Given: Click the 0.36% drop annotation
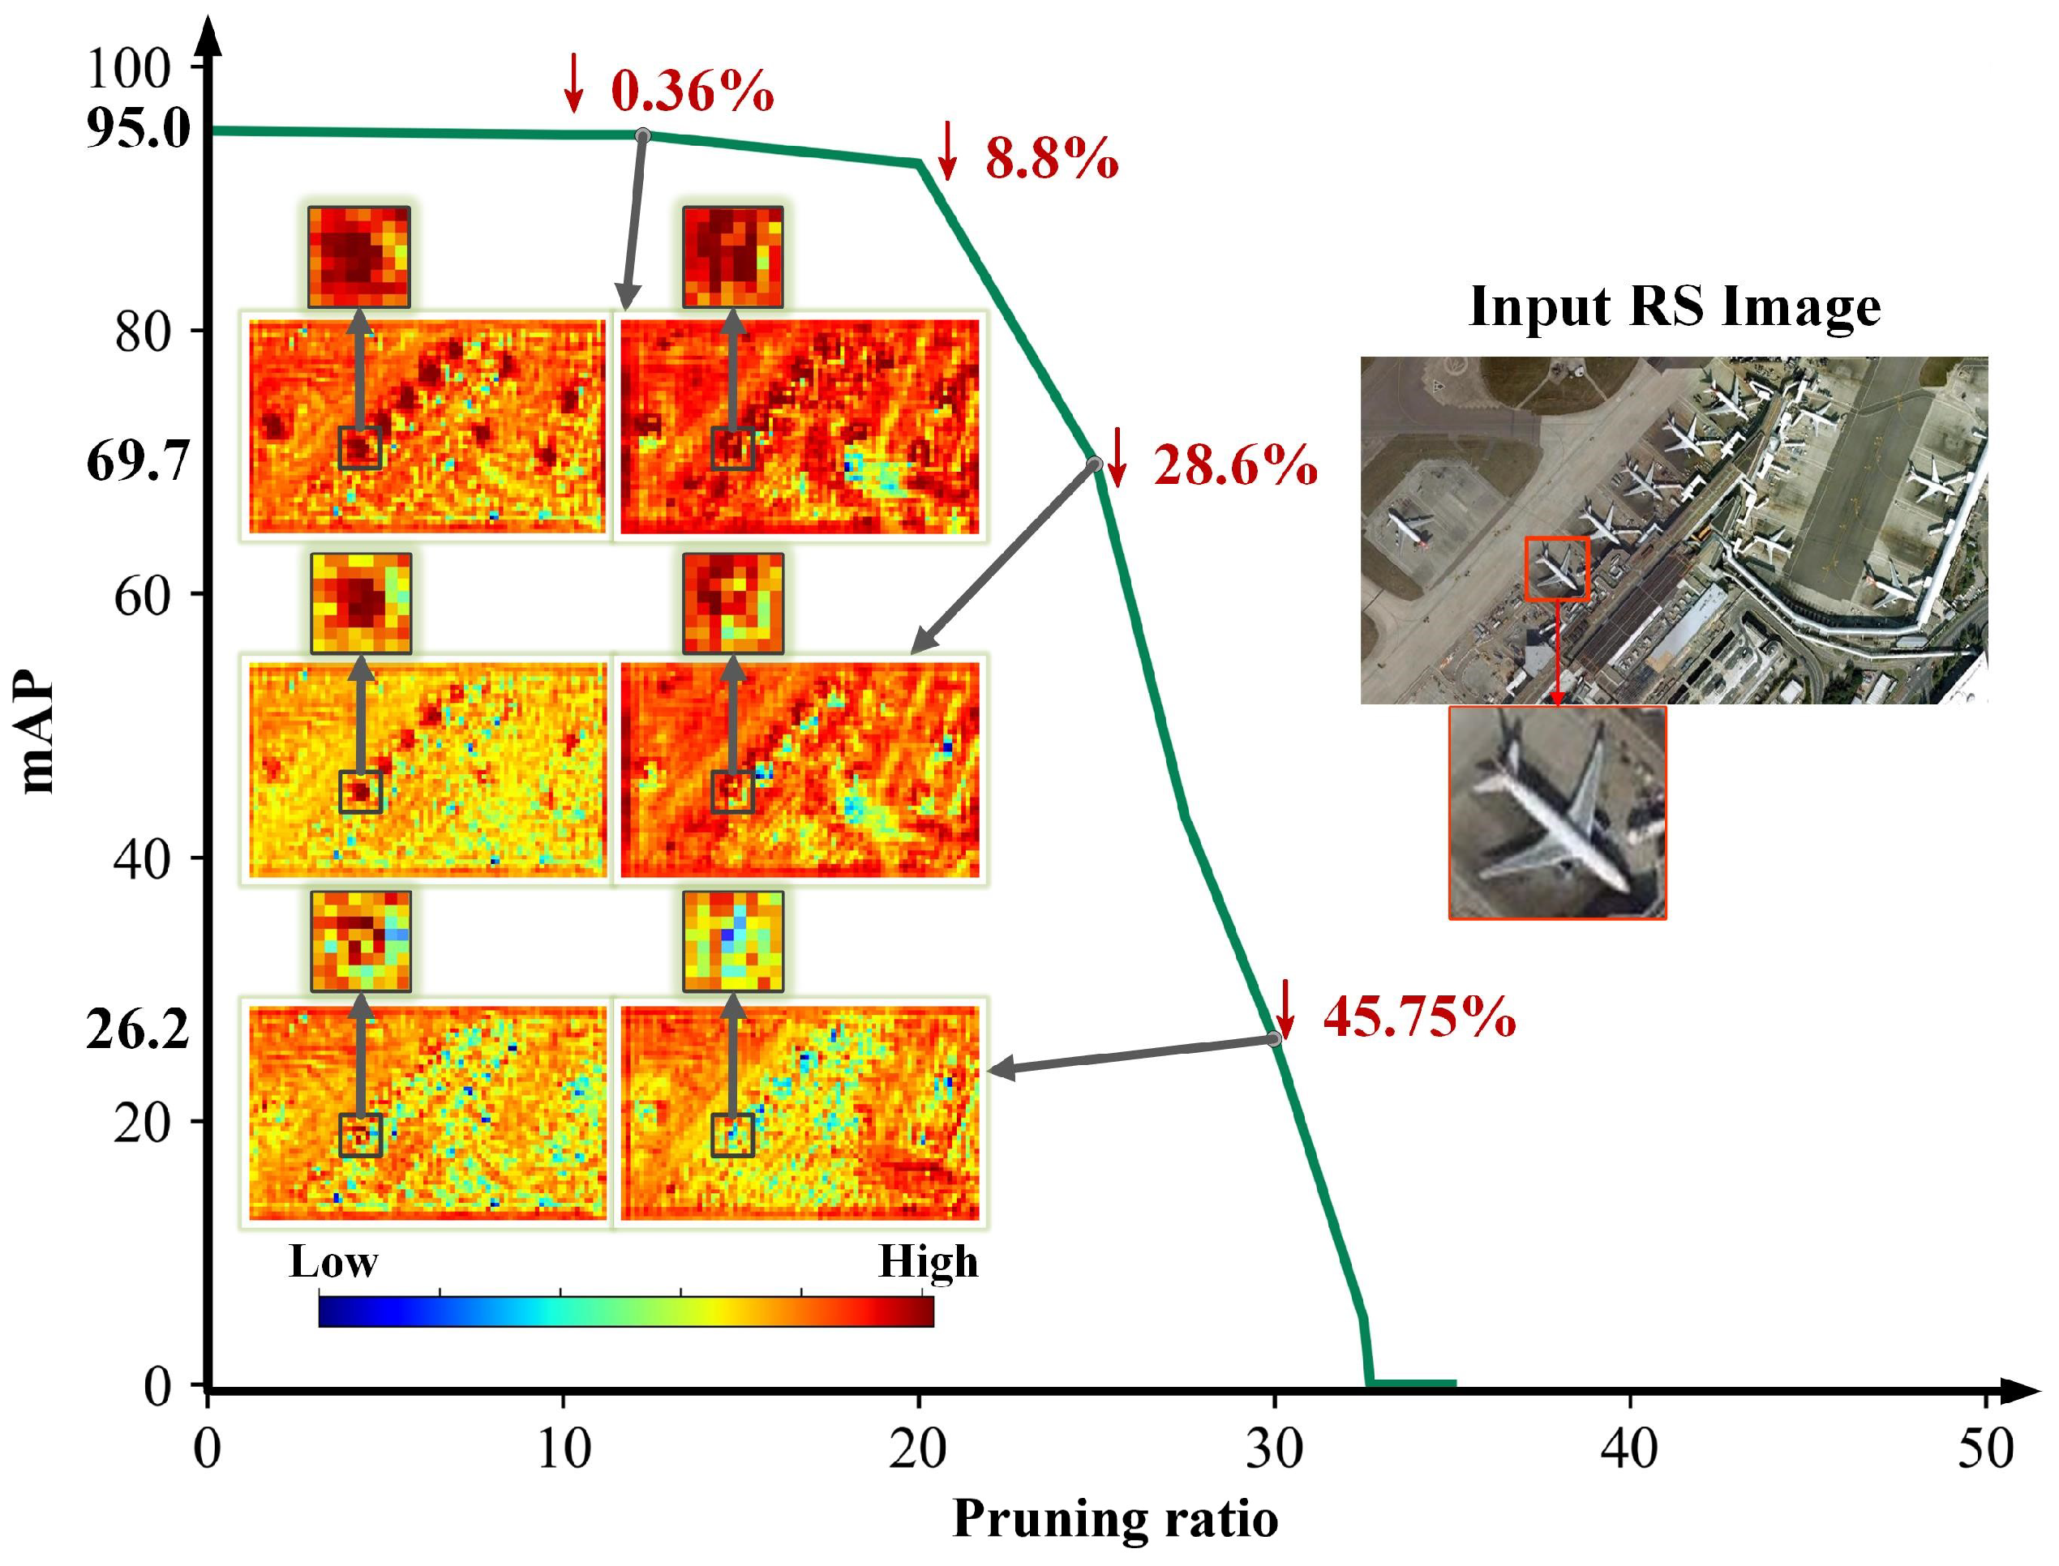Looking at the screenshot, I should tap(691, 91).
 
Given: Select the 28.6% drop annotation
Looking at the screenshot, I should tap(1234, 465).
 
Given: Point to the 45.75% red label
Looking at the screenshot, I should tap(1418, 1016).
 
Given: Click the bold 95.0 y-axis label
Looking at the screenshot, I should tap(138, 129).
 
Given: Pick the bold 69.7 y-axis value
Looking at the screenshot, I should tap(138, 461).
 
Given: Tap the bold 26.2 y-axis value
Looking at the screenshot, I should tap(138, 1030).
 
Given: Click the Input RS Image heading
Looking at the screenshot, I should tap(1674, 306).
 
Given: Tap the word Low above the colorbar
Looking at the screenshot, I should tap(333, 1262).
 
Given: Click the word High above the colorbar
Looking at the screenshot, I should tap(928, 1262).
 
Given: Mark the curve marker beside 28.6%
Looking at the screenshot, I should tap(1095, 464).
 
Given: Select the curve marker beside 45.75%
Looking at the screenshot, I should tap(1275, 1039).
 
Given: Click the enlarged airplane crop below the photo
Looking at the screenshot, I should tap(1556, 813).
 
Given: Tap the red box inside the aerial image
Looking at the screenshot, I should tap(1556, 567).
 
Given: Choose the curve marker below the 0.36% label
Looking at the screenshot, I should tap(642, 136).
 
